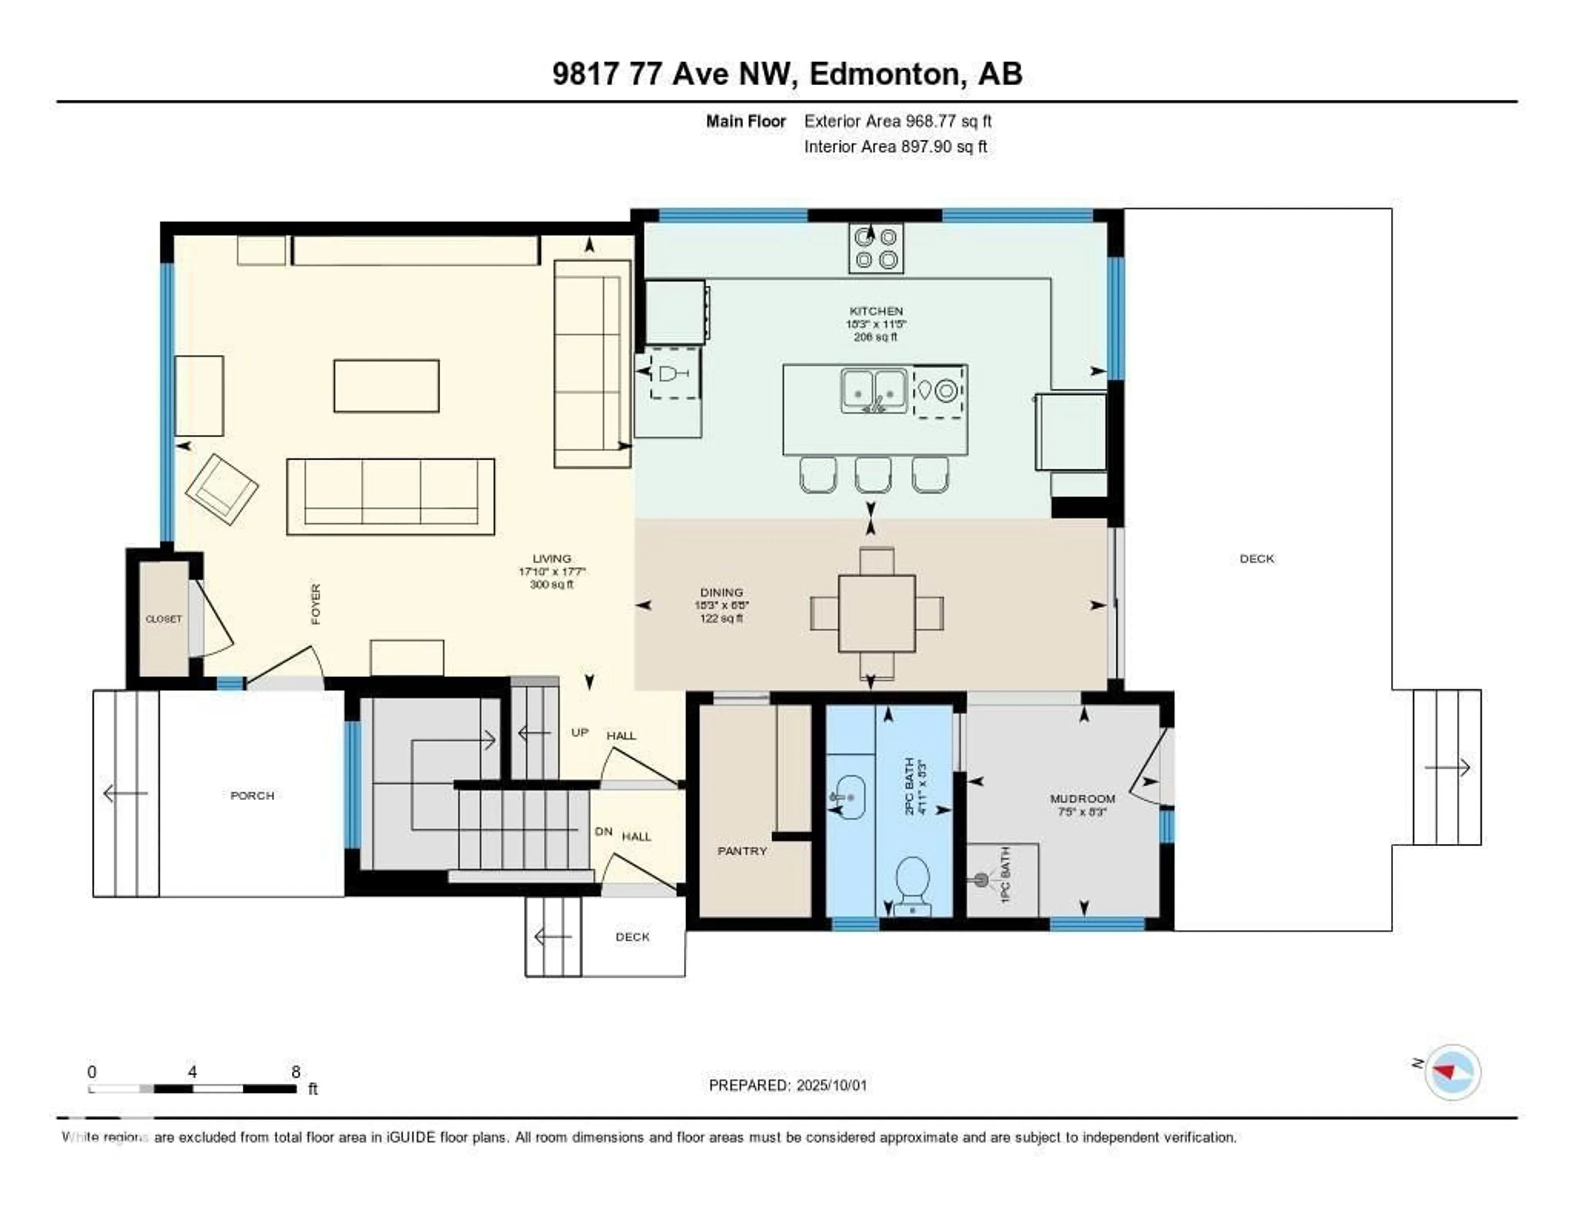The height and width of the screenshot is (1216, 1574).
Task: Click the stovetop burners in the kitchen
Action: pyautogui.click(x=876, y=248)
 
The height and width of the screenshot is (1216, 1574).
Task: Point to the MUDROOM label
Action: pyautogui.click(x=1083, y=799)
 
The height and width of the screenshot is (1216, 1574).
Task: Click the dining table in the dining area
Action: pyautogui.click(x=876, y=613)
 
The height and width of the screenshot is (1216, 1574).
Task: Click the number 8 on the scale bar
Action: pyautogui.click(x=296, y=1072)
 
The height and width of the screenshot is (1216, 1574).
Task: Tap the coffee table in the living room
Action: pyautogui.click(x=386, y=386)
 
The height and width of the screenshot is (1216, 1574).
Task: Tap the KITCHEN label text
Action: pyautogui.click(x=876, y=311)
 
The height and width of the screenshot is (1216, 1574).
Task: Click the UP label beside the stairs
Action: pyautogui.click(x=580, y=732)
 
